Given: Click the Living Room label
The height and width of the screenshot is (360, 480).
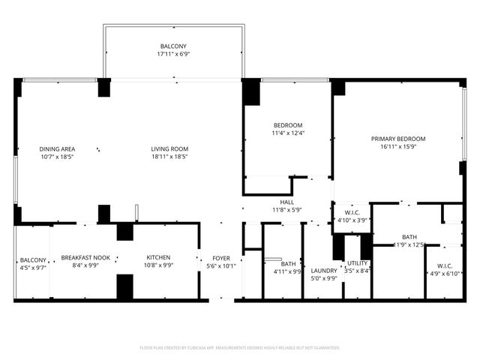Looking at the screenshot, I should pos(169,148).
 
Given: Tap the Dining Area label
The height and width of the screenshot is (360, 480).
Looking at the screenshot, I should pos(57,148).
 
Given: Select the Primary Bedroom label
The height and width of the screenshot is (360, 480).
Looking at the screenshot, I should pos(398,139).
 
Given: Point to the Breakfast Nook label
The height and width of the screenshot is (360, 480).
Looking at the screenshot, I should pos(85,257).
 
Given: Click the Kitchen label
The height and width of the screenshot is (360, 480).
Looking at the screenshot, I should pos(158,257).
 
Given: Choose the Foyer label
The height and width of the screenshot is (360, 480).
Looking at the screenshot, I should pos(221,257).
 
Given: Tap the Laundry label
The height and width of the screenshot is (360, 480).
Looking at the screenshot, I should pos(324,270).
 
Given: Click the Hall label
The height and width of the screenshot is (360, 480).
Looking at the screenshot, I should pos(286,202).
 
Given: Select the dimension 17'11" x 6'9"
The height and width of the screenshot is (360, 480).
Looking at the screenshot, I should pos(172,55).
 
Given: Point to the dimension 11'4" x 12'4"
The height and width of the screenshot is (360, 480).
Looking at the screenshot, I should pos(288,133).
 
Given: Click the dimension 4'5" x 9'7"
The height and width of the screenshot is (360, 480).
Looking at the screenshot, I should pos(33,267).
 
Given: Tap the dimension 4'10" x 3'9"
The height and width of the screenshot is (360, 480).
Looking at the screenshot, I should pos(352,220).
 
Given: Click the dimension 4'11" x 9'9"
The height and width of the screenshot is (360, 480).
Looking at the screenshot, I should pos(288,271).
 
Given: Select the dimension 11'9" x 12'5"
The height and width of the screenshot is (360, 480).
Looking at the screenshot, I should pos(409,244).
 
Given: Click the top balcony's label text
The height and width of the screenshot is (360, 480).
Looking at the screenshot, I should pos(172,46).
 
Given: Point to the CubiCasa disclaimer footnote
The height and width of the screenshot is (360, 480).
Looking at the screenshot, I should pos(240,347).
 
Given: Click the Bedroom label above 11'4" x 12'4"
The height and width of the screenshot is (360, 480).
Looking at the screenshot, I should pos(288,124).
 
